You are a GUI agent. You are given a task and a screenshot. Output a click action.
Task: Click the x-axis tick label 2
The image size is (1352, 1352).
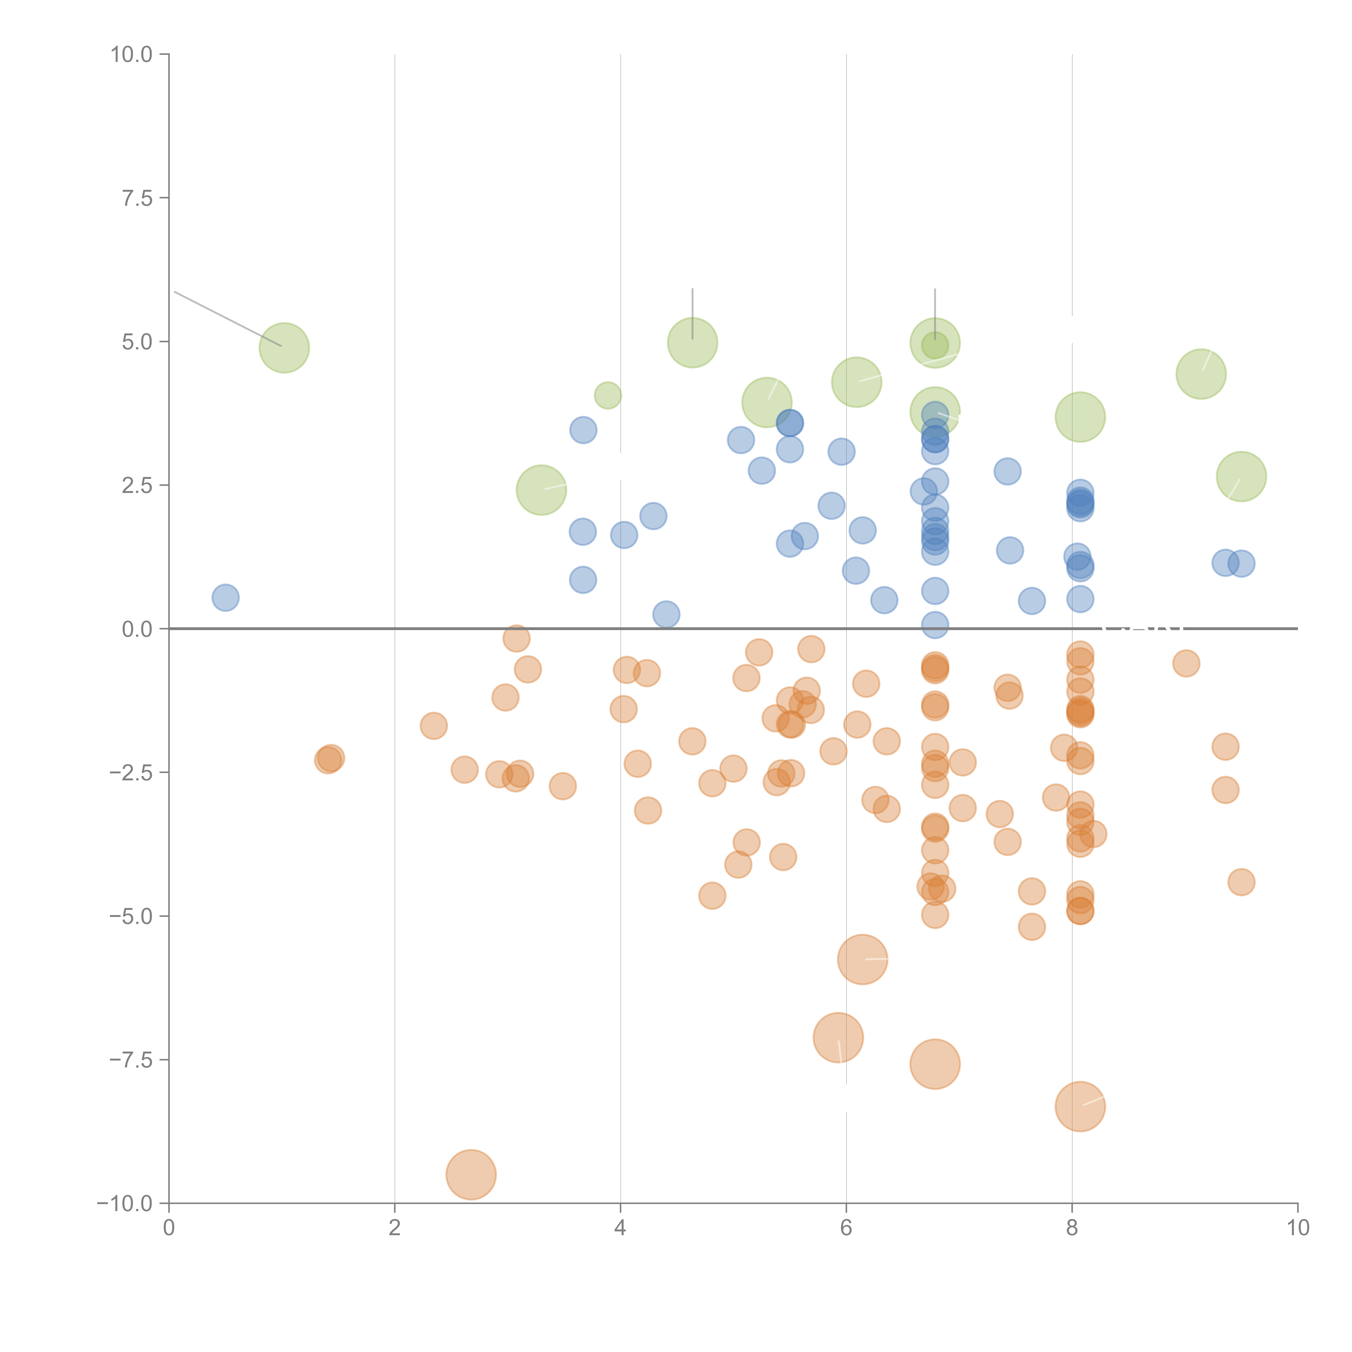[x=395, y=1228]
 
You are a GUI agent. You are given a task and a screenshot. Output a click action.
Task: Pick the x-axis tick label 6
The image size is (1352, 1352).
[x=846, y=1228]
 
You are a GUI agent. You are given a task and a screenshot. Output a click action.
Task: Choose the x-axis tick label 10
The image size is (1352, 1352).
[x=1297, y=1228]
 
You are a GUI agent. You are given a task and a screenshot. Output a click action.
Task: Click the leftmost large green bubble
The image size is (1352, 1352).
[x=284, y=348]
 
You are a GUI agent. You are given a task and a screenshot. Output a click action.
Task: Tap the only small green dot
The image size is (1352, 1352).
[x=607, y=395]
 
